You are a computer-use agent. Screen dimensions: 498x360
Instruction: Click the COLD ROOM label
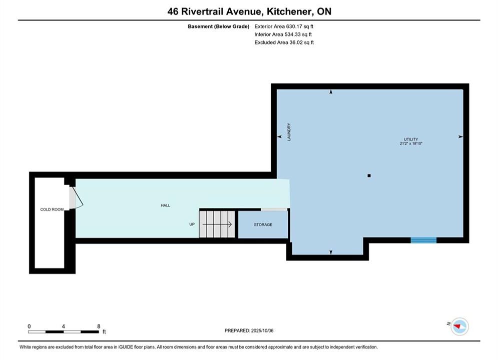[x=52, y=209]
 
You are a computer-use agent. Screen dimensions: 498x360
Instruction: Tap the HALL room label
[x=165, y=205]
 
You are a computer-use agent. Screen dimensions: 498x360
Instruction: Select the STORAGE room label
[x=263, y=224]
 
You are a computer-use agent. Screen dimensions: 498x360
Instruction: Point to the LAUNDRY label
[x=289, y=132]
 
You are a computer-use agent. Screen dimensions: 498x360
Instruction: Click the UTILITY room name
[x=411, y=139]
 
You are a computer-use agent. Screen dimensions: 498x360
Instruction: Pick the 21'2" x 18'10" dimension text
[x=411, y=143]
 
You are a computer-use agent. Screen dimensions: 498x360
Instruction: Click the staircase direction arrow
[x=217, y=224]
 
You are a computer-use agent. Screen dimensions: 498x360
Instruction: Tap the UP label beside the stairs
[x=192, y=224]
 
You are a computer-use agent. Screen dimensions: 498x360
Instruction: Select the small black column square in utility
[x=369, y=175]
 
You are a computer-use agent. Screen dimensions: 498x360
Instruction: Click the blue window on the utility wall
[x=424, y=240]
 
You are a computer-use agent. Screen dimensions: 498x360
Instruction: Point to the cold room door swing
[x=79, y=198]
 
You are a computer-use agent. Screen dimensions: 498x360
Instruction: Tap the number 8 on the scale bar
[x=99, y=326]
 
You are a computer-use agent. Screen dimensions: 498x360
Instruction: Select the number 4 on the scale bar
[x=64, y=326]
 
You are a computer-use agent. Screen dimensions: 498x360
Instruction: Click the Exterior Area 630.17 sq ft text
[x=284, y=26]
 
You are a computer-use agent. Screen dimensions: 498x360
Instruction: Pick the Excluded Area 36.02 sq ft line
[x=284, y=42]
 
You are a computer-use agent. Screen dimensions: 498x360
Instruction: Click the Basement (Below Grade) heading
[x=219, y=26]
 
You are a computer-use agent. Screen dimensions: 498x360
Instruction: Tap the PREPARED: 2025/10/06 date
[x=249, y=330]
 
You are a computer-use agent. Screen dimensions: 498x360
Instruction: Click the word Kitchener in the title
[x=289, y=11]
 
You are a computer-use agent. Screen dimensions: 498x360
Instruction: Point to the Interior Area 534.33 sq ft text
[x=283, y=34]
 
